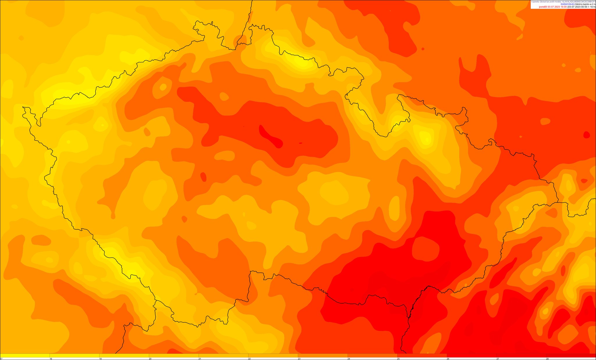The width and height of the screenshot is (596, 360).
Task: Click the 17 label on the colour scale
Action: (1, 359)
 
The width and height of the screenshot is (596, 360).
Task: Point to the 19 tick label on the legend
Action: (100, 359)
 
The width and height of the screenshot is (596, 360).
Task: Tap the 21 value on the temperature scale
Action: (200, 359)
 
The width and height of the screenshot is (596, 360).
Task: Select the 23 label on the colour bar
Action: (299, 359)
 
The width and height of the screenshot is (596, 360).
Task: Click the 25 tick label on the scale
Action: (398, 359)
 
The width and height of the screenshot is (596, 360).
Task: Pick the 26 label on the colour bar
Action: (448, 359)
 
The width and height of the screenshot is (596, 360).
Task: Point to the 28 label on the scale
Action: (547, 359)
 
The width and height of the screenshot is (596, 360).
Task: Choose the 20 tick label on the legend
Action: (150, 359)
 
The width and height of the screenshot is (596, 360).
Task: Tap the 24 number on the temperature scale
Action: (349, 359)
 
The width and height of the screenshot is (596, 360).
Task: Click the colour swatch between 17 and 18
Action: (25, 355)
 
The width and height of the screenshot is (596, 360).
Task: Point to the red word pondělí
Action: (543, 7)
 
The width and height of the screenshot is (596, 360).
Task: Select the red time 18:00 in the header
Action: (563, 7)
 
